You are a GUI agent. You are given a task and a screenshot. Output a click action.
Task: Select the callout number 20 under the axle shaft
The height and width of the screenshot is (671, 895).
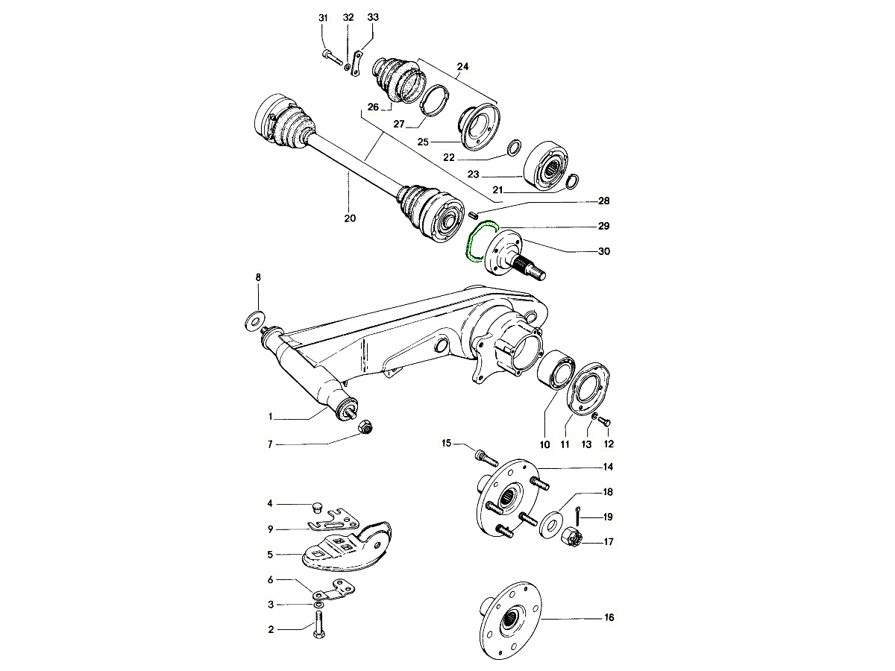point(350,218)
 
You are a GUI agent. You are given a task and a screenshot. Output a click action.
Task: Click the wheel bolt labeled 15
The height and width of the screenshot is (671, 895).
point(483,454)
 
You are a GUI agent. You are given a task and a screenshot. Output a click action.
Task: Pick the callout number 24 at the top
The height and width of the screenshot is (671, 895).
point(462,66)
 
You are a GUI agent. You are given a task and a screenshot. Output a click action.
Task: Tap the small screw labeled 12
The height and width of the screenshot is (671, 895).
point(605,422)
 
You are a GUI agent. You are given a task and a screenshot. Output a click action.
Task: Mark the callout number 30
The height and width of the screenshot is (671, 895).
point(603,251)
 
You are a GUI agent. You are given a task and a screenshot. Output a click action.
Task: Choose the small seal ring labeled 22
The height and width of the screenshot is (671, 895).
point(514,148)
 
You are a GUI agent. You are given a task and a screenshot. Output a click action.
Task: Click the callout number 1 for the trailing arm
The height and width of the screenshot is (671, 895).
point(271,418)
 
